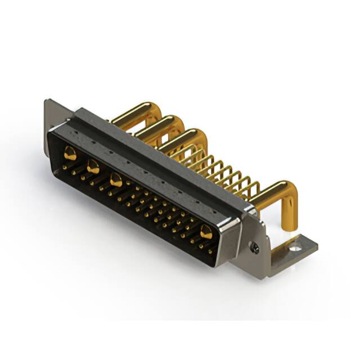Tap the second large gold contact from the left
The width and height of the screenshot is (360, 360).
(x=93, y=166)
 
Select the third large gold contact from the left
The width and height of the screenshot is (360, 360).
(x=116, y=180)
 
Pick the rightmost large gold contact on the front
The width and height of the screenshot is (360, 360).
(x=206, y=231)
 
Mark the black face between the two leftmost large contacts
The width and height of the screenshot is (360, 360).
(x=81, y=160)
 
